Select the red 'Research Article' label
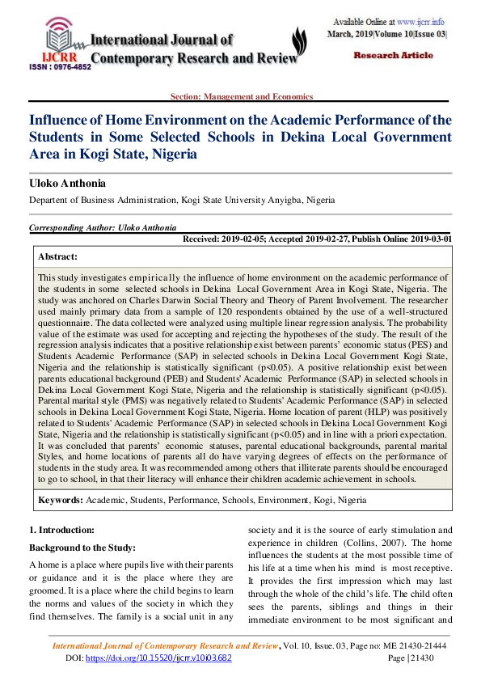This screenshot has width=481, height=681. tap(394, 55)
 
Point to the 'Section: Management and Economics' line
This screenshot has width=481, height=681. tap(240, 96)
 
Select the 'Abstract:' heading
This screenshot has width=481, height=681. tap(58, 256)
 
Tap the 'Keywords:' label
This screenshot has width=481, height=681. tap(60, 501)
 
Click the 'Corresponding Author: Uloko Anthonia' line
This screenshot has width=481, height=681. tap(103, 229)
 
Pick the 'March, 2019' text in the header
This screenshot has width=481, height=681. tap(349, 35)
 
